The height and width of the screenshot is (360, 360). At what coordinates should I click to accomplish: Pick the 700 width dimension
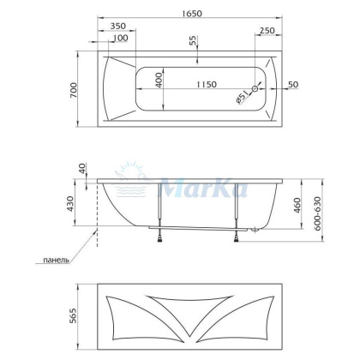(x=75, y=89)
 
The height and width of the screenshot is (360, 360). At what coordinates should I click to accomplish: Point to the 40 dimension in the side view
(x=82, y=168)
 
